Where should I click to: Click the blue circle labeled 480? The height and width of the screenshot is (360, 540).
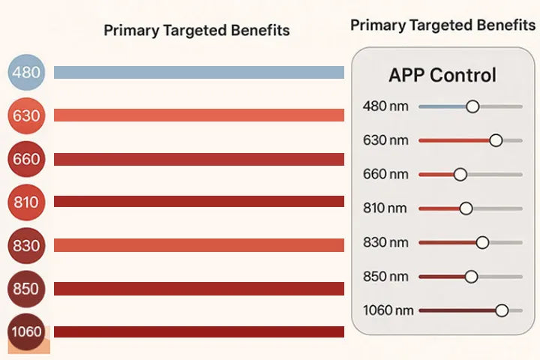[26, 72]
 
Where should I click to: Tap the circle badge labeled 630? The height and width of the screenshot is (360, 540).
[26, 115]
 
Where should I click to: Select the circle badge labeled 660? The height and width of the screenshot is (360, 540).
[26, 159]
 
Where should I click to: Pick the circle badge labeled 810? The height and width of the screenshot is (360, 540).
[26, 202]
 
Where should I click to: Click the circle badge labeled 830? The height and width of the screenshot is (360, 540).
[26, 246]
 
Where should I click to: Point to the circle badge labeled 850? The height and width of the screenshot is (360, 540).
[26, 289]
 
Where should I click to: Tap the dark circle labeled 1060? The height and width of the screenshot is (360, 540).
[26, 331]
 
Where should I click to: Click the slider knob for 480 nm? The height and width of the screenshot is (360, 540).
[472, 106]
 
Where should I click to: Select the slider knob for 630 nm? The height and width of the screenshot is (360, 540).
[496, 140]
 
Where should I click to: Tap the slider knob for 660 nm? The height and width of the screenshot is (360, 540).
[460, 174]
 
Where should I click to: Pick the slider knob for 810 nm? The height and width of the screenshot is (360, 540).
[466, 208]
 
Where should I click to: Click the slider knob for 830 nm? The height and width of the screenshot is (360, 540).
[482, 242]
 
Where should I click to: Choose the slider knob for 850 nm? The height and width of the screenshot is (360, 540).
[471, 276]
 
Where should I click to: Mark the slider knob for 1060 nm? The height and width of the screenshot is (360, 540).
[502, 310]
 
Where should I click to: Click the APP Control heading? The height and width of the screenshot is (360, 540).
[442, 75]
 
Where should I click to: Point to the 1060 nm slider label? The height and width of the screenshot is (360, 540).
[388, 310]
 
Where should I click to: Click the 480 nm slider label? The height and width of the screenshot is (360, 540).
[385, 106]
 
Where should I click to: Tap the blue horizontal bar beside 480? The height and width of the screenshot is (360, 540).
[199, 72]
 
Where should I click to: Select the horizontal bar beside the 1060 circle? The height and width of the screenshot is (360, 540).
[199, 331]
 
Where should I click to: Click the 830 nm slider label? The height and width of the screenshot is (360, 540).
[385, 242]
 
